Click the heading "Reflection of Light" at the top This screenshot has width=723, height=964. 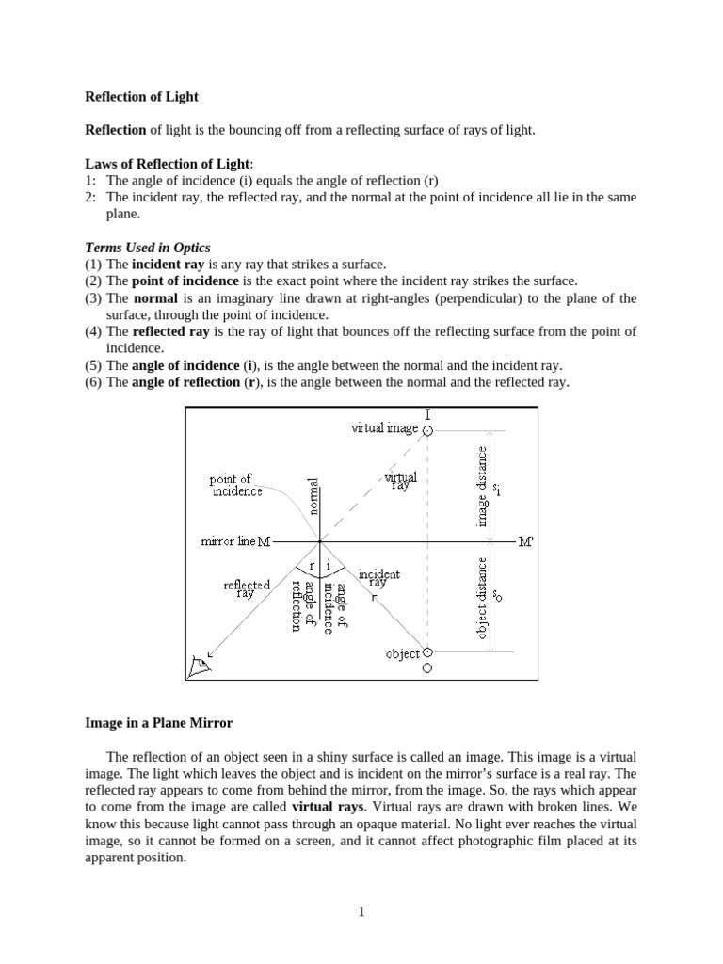(x=142, y=96)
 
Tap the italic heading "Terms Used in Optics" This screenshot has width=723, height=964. (x=148, y=248)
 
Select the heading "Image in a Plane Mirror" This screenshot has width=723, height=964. (x=159, y=723)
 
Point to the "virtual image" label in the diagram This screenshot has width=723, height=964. (x=384, y=428)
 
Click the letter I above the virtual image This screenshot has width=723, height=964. (x=428, y=413)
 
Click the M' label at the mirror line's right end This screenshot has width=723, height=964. (x=526, y=542)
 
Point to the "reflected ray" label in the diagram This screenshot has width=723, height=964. (x=247, y=588)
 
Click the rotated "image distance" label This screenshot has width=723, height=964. (x=483, y=487)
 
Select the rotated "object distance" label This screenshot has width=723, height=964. (x=483, y=600)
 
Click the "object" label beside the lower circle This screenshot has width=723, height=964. (x=403, y=653)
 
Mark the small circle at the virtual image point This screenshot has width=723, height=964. (x=428, y=430)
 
